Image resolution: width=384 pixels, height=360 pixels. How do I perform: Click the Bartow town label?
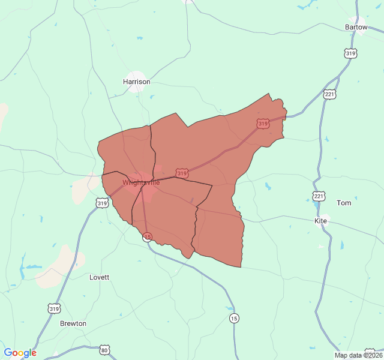click(356, 27)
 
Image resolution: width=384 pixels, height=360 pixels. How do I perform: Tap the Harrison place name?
click(137, 82)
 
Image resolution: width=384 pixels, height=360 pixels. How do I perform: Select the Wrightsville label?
click(142, 182)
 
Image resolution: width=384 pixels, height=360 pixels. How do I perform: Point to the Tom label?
click(344, 203)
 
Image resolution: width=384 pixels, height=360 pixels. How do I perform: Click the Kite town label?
click(321, 221)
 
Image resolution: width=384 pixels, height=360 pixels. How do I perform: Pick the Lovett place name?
click(100, 277)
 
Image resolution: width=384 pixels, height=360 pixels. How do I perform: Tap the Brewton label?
click(73, 323)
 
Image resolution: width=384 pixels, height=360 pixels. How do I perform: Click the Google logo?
click(20, 353)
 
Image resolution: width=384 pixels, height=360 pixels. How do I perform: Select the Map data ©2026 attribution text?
click(358, 355)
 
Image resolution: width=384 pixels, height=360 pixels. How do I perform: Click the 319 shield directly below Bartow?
click(351, 53)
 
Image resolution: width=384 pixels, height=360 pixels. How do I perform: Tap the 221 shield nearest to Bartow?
click(329, 95)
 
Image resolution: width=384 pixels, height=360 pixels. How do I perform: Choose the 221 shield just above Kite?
click(319, 196)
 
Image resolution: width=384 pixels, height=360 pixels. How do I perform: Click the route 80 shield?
click(105, 350)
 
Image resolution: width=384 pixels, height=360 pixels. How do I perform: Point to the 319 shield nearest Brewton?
click(55, 309)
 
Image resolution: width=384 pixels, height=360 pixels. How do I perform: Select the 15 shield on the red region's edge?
click(148, 237)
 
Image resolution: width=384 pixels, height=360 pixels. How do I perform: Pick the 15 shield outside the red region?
click(234, 317)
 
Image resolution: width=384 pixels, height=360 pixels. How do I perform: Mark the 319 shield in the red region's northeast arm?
click(262, 124)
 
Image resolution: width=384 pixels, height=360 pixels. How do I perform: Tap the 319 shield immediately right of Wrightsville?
click(182, 173)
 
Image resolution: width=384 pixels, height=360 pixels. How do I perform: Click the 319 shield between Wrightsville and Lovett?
click(101, 203)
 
